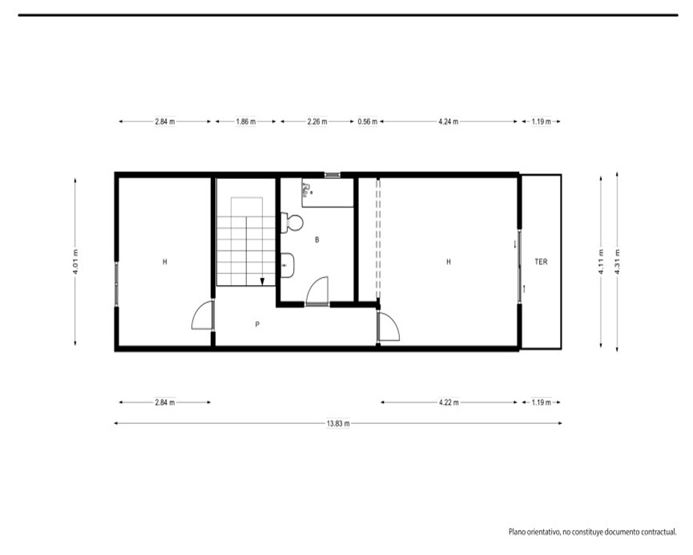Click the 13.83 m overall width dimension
(338, 424)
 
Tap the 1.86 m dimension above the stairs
(246, 121)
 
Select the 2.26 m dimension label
(317, 121)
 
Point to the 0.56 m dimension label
(368, 121)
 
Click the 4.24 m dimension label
(448, 121)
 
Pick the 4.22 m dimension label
(448, 402)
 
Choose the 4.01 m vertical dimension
(76, 262)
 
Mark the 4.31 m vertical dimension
(617, 262)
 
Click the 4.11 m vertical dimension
(601, 262)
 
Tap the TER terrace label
(541, 262)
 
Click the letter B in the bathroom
(317, 240)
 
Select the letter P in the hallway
(257, 325)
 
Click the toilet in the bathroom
(292, 222)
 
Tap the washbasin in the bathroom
(288, 265)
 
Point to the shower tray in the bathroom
(328, 193)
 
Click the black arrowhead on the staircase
(262, 282)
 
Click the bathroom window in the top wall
(333, 175)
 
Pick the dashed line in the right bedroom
(378, 239)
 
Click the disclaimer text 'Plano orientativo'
(534, 531)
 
